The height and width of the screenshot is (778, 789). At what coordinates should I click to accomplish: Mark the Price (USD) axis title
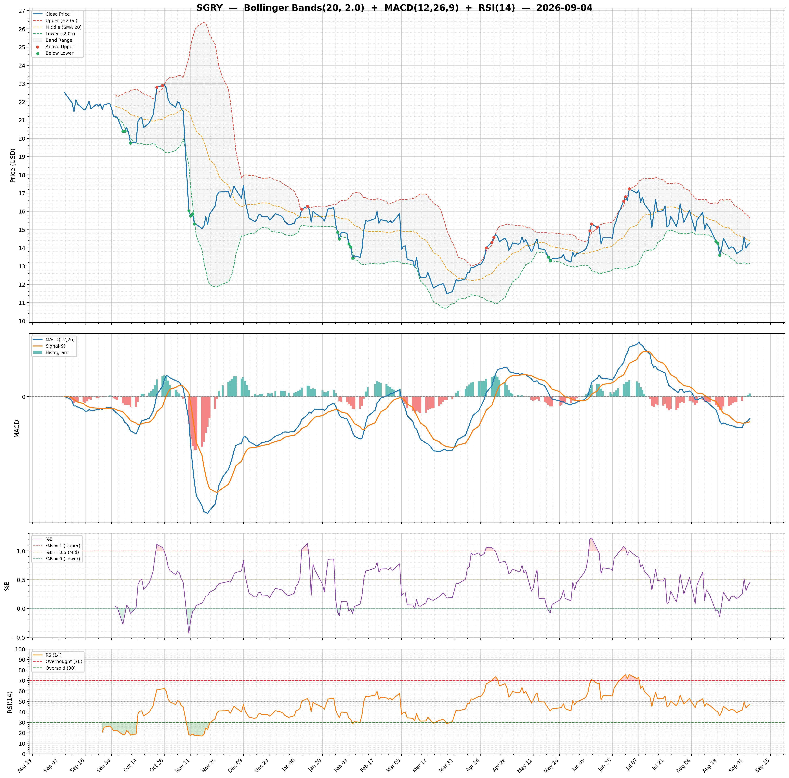click(x=13, y=165)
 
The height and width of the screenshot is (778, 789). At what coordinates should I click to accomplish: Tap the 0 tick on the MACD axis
click(x=24, y=397)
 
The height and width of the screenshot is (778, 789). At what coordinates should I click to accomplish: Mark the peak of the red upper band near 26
click(x=203, y=23)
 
